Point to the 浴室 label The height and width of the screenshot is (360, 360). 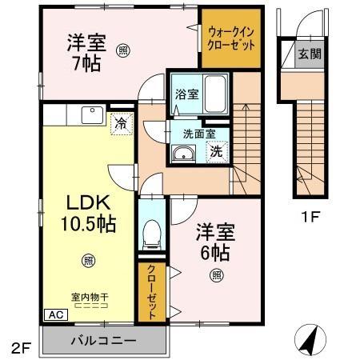pyautogui.click(x=182, y=94)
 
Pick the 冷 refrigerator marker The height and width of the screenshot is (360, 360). pyautogui.click(x=121, y=124)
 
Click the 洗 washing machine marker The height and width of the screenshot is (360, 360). pyautogui.click(x=217, y=150)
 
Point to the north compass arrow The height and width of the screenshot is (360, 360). pyautogui.click(x=308, y=339)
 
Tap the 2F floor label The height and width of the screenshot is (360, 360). pyautogui.click(x=21, y=349)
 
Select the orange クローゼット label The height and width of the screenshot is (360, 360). pyautogui.click(x=150, y=294)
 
